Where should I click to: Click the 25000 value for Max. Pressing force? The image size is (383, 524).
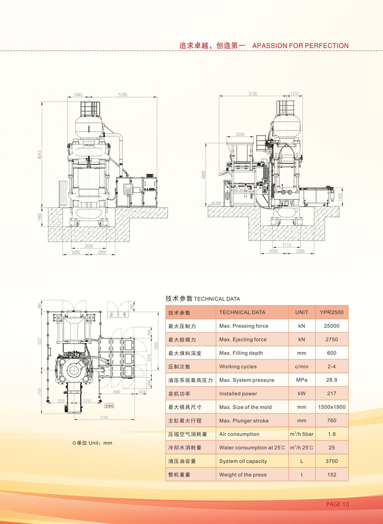[332, 326]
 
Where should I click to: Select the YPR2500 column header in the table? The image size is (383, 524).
[332, 312]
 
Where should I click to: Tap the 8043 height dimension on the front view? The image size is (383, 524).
[39, 154]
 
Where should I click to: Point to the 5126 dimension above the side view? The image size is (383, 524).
[253, 94]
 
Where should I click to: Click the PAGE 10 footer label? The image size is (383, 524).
[337, 504]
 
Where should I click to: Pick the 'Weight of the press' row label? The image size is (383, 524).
[243, 475]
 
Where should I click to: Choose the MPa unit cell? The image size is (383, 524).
[301, 380]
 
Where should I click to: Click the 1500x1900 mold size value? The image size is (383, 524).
[332, 407]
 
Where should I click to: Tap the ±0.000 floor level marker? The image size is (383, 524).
[216, 203]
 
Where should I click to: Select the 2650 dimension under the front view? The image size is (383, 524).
[89, 246]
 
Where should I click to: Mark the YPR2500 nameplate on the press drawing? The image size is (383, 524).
[89, 145]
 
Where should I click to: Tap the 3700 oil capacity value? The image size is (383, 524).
[332, 461]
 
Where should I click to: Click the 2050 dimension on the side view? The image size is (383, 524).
[240, 135]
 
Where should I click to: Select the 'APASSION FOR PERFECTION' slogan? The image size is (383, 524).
[300, 46]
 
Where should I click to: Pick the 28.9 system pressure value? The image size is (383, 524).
[332, 380]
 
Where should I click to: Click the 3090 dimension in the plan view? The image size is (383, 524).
[116, 392]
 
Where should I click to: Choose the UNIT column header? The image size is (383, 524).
[301, 312]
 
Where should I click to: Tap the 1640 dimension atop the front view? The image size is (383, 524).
[78, 95]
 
